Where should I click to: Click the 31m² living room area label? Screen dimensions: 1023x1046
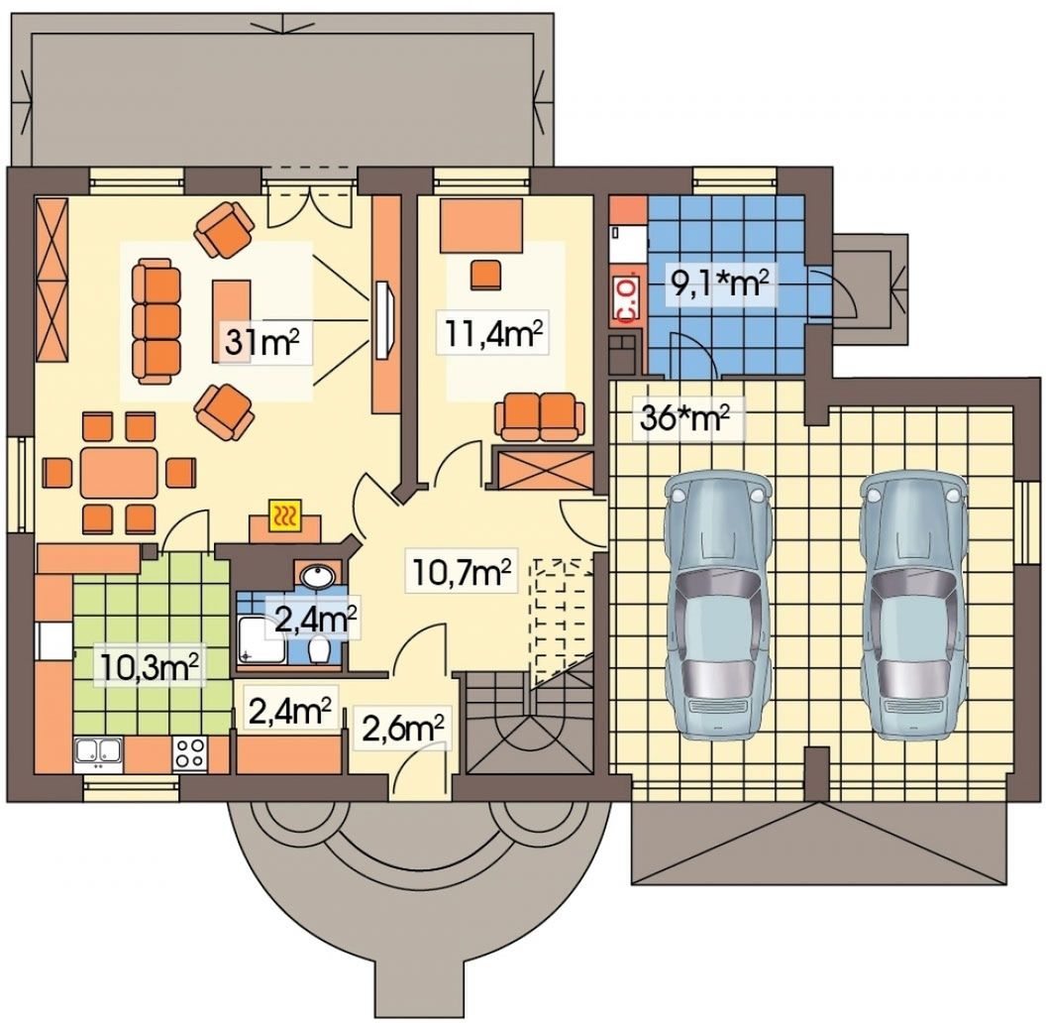click(261, 342)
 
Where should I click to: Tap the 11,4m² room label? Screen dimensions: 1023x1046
click(491, 336)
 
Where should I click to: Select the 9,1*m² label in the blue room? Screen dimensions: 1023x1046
click(721, 285)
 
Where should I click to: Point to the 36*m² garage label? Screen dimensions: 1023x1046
click(684, 417)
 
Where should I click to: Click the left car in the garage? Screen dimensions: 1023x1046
click(717, 605)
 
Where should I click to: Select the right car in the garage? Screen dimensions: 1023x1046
click(912, 605)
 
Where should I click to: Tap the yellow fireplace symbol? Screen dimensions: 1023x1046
click(286, 516)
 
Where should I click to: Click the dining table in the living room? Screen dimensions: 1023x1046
click(120, 472)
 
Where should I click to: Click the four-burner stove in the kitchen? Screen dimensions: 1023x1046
click(190, 753)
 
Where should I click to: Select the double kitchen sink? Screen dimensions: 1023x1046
click(99, 752)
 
